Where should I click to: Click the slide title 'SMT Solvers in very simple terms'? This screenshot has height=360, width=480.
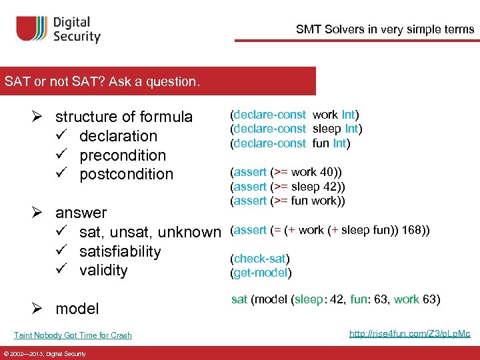pos(385,29)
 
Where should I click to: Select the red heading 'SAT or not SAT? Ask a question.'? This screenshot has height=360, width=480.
pos(101,82)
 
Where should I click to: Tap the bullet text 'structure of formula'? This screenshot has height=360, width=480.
pos(123,117)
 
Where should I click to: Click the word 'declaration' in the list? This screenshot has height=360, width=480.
pos(118,136)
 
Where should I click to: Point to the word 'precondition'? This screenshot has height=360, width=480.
pos(123,155)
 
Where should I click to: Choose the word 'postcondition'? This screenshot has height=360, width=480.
pos(126,174)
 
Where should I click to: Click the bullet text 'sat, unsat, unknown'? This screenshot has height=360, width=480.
pos(149,232)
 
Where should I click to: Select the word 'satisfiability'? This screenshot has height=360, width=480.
pos(120,251)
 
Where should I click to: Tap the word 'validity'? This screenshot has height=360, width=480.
pos(103,270)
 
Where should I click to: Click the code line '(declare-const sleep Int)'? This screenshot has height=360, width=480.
pos(296,129)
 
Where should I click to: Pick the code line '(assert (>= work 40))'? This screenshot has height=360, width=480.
pos(283,172)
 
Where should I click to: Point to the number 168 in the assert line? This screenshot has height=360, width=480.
pos(411,230)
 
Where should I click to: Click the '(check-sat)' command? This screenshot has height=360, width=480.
pos(260,259)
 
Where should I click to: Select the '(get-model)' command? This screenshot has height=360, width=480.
pos(261,272)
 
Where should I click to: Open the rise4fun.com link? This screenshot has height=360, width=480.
pos(409,333)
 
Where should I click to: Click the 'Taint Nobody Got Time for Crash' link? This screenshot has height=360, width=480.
pos(73,335)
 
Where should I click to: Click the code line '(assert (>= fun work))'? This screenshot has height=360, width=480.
pos(288,201)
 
